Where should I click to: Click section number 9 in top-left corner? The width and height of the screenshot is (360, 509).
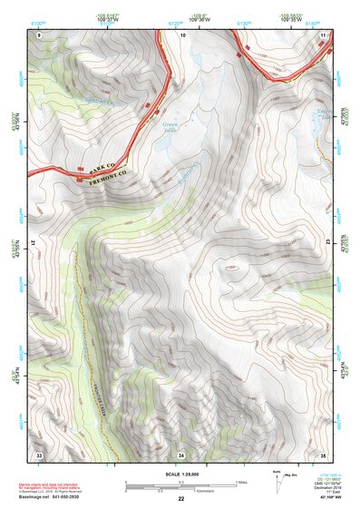[x=39, y=34]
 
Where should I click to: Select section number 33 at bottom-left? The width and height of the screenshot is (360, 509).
[x=39, y=454]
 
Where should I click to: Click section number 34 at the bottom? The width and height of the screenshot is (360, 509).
[x=181, y=454]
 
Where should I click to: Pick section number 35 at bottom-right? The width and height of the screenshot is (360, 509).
[x=324, y=454]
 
